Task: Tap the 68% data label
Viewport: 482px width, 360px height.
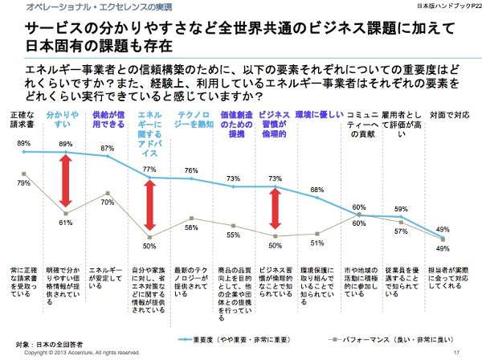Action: pos(318,190)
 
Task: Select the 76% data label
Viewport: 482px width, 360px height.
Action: pos(191,170)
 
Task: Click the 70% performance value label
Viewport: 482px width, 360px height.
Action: pos(106,203)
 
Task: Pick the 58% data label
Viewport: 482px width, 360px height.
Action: pos(191,228)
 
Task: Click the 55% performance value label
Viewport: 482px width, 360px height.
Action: pos(234,235)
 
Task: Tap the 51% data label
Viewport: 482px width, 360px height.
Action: pos(318,243)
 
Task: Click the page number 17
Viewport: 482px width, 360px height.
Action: pos(455,351)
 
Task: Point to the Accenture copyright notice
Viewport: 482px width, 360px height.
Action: pos(77,352)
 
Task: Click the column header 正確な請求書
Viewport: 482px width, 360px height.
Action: pos(23,121)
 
